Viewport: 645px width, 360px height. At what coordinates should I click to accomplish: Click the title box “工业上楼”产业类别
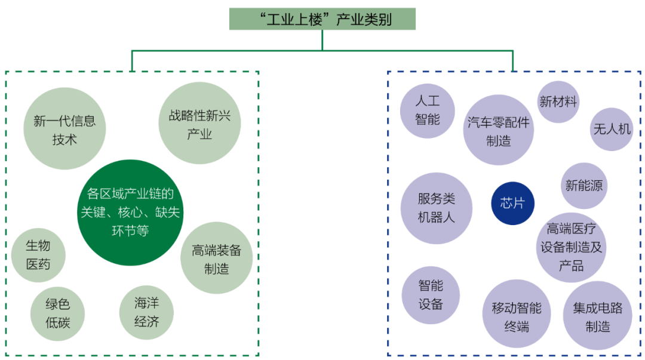tap(322, 19)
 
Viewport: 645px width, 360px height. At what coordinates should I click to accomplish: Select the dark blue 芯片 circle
tap(512, 203)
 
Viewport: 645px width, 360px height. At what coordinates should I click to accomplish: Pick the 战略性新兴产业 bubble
tap(199, 124)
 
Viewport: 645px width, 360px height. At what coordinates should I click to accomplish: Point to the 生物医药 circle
tap(38, 255)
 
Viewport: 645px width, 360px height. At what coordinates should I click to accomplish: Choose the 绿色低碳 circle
tap(57, 313)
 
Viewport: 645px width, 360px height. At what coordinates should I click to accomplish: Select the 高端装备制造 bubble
tap(216, 259)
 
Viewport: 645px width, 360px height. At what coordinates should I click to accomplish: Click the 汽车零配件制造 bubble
tap(498, 131)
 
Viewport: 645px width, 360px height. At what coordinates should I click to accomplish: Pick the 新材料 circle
tap(558, 102)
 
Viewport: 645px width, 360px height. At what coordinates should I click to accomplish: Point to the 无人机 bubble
tap(612, 129)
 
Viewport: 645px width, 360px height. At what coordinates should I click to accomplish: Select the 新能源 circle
tap(583, 186)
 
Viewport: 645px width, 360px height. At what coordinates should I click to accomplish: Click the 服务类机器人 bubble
tap(436, 208)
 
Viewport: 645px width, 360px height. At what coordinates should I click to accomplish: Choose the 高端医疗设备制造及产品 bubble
tap(571, 247)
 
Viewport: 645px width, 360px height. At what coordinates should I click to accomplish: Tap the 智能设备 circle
tap(430, 295)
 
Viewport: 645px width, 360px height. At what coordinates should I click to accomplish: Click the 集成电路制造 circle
tap(597, 316)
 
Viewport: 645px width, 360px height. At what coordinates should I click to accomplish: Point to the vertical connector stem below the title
tap(322, 40)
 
